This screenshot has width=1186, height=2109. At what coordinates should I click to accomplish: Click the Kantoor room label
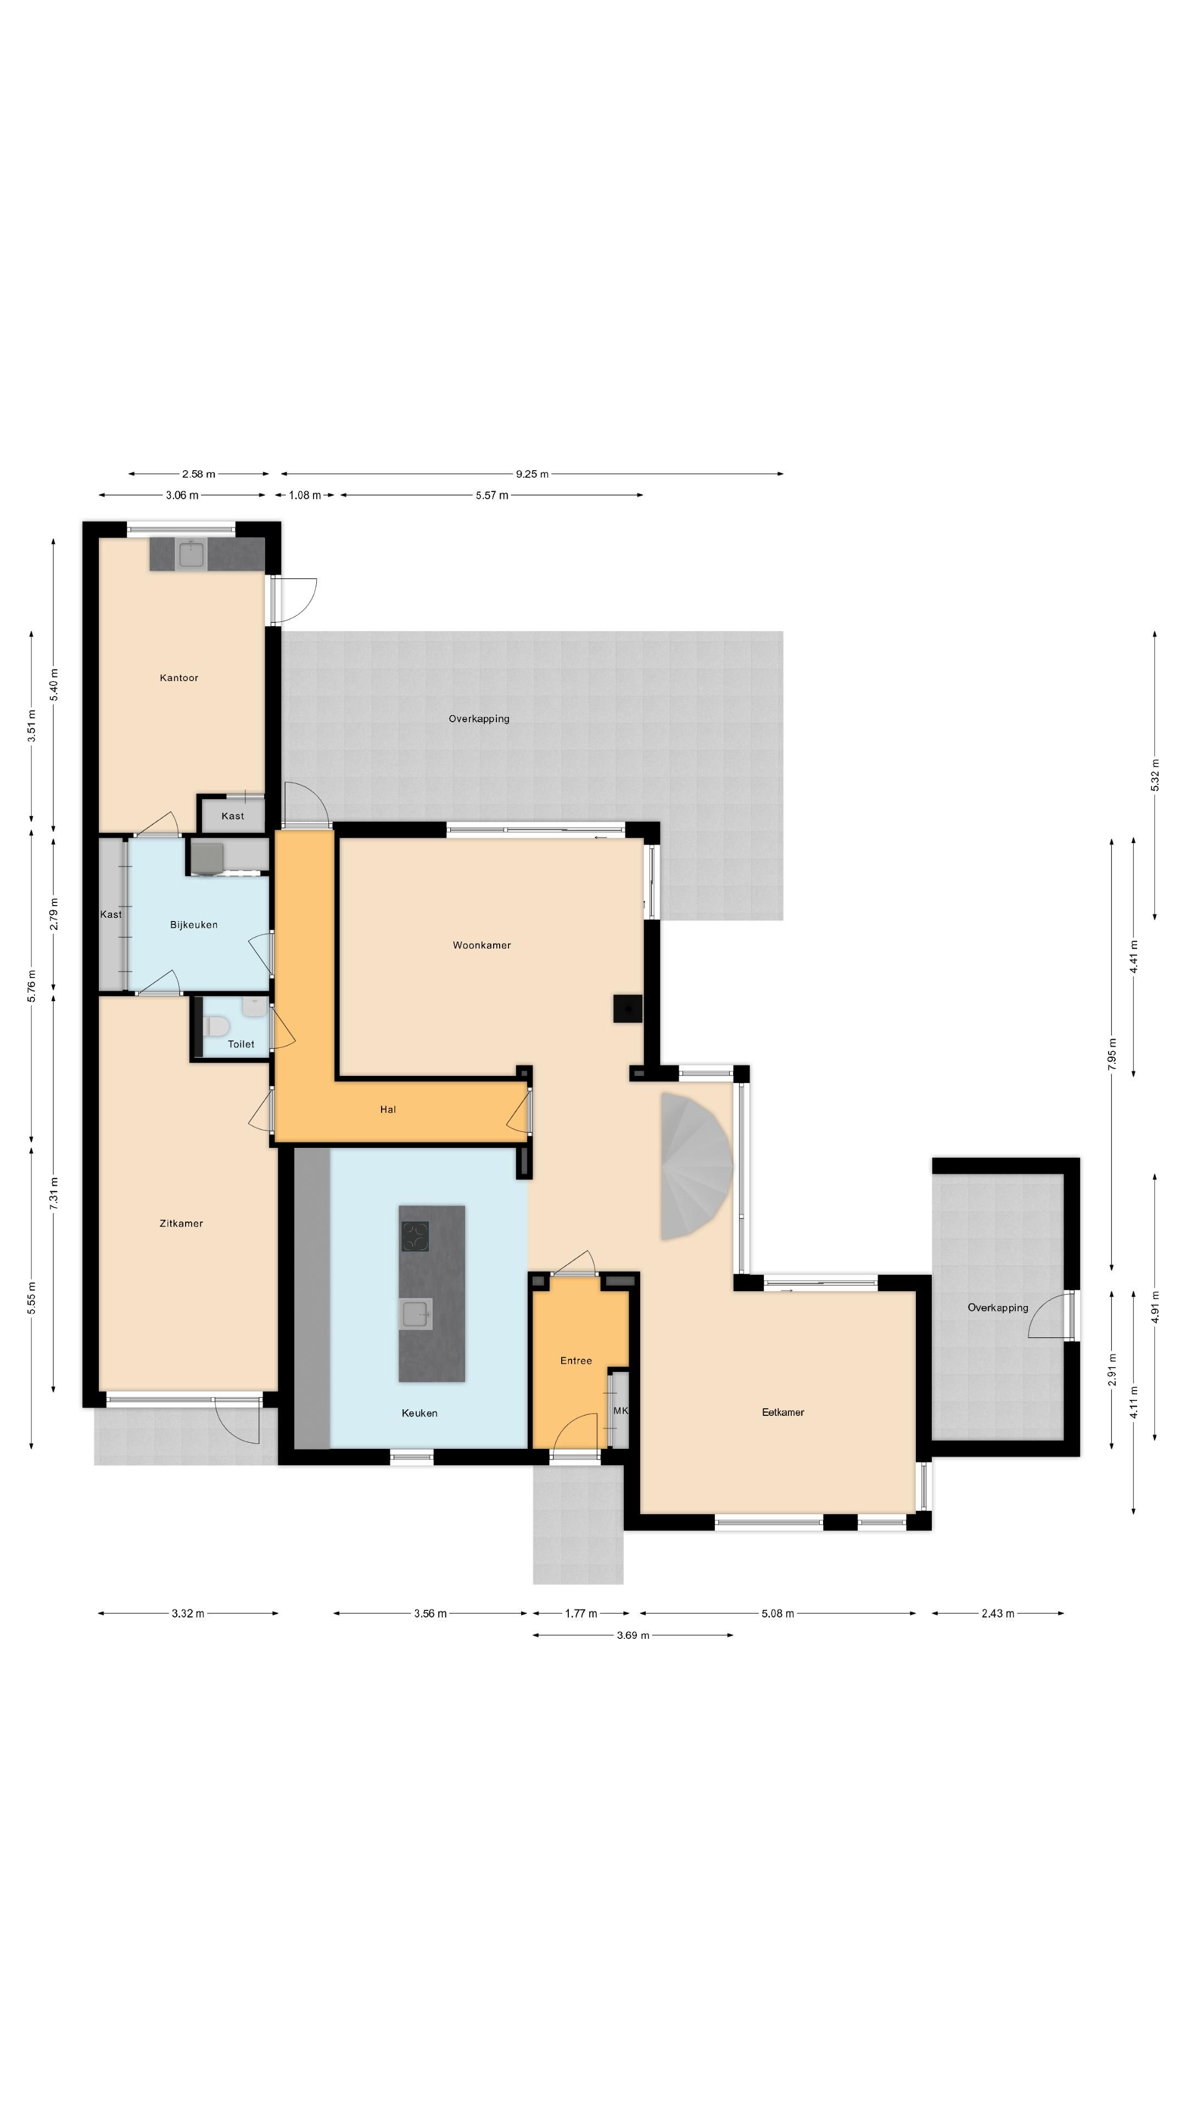click(178, 678)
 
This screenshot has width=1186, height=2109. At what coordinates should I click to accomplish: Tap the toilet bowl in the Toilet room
click(216, 1026)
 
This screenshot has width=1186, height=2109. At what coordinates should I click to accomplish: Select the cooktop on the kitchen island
click(415, 1236)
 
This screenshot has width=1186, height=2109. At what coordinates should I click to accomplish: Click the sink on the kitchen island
click(416, 1314)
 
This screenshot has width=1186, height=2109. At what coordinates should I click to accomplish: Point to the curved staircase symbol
click(695, 1167)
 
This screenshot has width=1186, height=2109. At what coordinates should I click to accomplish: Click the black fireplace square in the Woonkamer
click(628, 1009)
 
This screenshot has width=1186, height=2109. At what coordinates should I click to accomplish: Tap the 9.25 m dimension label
click(532, 474)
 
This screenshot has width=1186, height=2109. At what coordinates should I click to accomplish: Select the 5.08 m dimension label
click(777, 1614)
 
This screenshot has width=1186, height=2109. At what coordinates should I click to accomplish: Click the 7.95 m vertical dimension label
click(1111, 1054)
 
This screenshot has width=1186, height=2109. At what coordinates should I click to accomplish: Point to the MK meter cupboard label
click(620, 1410)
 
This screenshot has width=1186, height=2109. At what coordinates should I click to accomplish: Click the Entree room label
click(575, 1361)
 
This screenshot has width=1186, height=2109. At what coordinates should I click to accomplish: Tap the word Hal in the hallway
click(388, 1109)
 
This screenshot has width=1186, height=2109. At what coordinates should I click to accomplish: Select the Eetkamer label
click(782, 1412)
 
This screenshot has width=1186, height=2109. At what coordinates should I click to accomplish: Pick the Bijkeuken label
click(194, 924)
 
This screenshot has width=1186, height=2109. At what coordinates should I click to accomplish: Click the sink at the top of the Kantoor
click(192, 554)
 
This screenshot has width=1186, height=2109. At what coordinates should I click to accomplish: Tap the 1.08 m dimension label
click(305, 495)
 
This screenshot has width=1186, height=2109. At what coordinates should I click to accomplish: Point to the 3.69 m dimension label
click(633, 1636)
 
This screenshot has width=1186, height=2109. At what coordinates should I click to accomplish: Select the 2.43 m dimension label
click(998, 1614)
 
